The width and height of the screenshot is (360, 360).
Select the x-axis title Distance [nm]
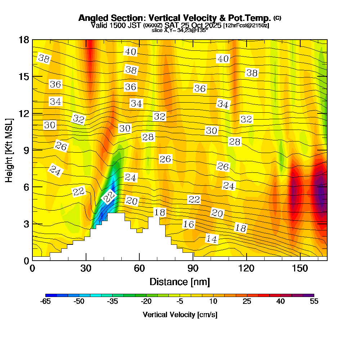click(x=180, y=282)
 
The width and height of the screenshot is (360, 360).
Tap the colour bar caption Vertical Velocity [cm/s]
click(x=180, y=315)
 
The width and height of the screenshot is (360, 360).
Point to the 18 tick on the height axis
click(x=23, y=40)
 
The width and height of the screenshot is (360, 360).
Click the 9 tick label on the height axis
click(x=26, y=150)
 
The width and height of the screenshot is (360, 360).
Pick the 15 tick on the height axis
click(x=23, y=77)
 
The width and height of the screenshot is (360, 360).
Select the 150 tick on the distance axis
click(x=300, y=269)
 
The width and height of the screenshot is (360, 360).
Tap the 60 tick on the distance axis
click(x=139, y=269)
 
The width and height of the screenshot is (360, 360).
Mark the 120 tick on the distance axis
click(x=246, y=269)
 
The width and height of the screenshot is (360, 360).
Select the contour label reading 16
click(x=188, y=224)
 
